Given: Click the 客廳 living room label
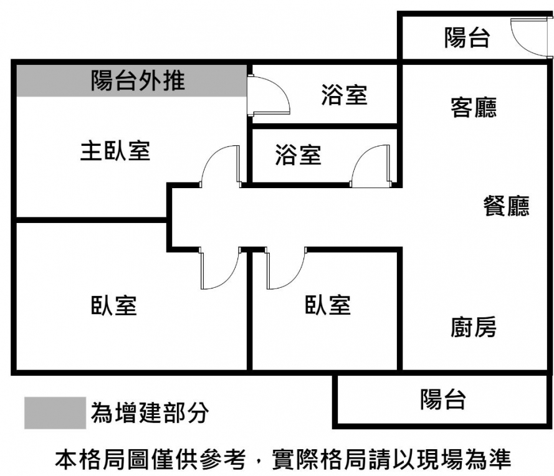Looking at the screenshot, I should [x=474, y=107].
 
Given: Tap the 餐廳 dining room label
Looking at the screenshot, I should [x=506, y=206].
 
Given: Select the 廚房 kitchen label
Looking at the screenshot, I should [x=474, y=326].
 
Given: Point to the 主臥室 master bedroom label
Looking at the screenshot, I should [x=115, y=151].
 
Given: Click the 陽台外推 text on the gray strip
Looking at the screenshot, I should [x=138, y=80].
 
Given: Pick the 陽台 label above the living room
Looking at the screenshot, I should [x=467, y=39].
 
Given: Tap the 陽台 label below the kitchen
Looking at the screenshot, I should [x=442, y=399].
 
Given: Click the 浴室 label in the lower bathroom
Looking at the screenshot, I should [x=298, y=155].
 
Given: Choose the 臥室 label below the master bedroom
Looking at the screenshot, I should [x=114, y=305].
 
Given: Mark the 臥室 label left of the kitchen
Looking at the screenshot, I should [x=328, y=305].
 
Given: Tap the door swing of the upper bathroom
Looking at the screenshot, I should [x=269, y=95].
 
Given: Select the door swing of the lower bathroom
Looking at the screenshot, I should [x=371, y=165].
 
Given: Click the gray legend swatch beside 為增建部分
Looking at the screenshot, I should [x=55, y=413].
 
